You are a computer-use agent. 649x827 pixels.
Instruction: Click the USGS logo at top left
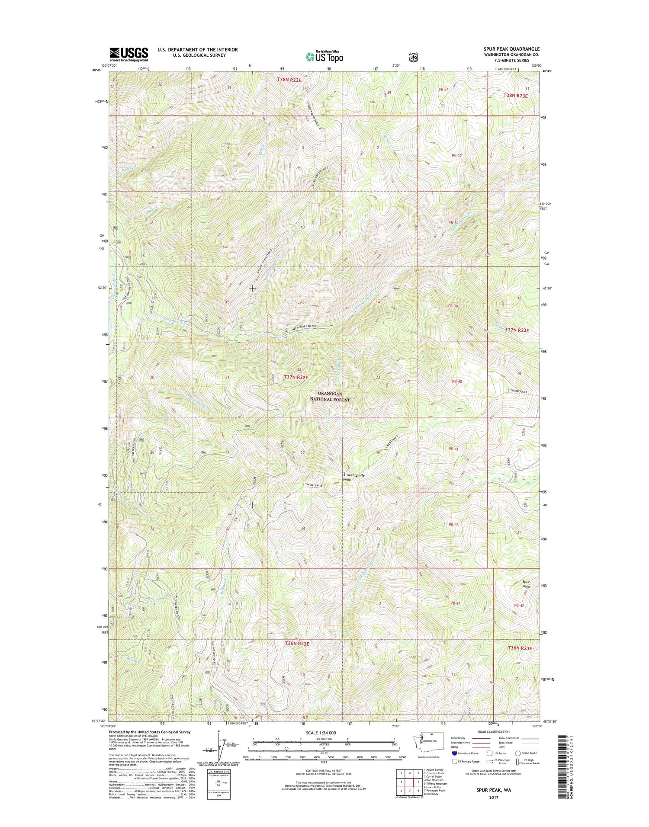click(x=129, y=55)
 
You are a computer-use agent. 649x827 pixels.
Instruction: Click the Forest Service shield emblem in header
click(x=414, y=56)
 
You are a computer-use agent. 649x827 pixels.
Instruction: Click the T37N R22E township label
click(x=296, y=377)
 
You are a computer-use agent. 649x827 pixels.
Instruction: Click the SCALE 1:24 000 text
click(x=321, y=733)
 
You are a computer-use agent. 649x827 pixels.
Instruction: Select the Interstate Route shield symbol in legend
click(x=454, y=753)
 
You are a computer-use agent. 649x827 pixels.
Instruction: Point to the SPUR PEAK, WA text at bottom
click(x=488, y=790)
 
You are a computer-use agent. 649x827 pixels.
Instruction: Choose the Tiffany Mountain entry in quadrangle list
click(x=435, y=783)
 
